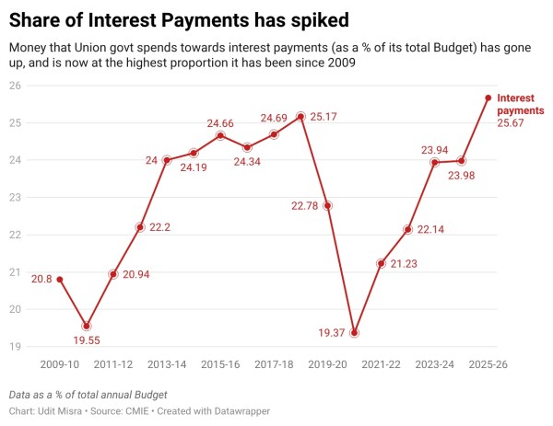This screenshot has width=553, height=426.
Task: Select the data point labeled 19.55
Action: click(x=87, y=326)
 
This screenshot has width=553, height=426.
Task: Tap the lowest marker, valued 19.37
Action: click(x=354, y=332)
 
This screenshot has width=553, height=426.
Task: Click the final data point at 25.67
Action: click(x=488, y=98)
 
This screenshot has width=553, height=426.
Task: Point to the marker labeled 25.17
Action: click(x=300, y=117)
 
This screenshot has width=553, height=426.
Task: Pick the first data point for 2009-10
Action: click(x=60, y=279)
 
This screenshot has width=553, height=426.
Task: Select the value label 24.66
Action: click(x=219, y=122)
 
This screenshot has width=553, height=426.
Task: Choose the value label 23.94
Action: click(x=434, y=149)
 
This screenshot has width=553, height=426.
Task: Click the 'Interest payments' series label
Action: click(x=521, y=104)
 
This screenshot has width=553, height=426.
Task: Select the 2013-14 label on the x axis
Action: click(x=167, y=364)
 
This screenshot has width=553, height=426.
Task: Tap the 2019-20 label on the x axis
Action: click(x=327, y=364)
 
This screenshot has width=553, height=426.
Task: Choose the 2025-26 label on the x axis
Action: click(x=488, y=364)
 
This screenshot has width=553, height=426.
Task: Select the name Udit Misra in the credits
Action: click(x=62, y=410)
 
